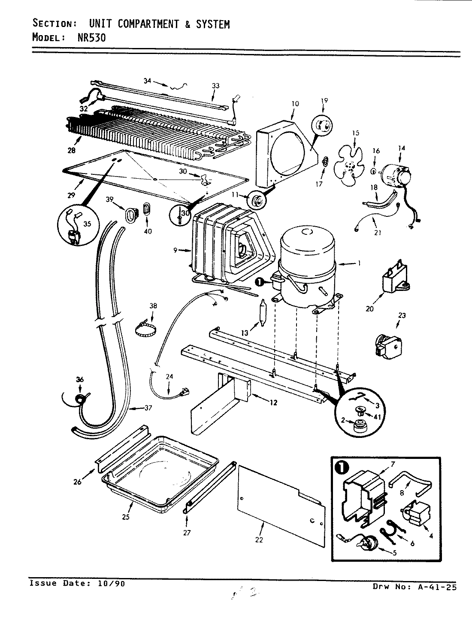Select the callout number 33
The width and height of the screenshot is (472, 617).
(215, 86)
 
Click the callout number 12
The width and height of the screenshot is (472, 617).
(273, 402)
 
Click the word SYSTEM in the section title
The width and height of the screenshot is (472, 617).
(213, 24)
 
